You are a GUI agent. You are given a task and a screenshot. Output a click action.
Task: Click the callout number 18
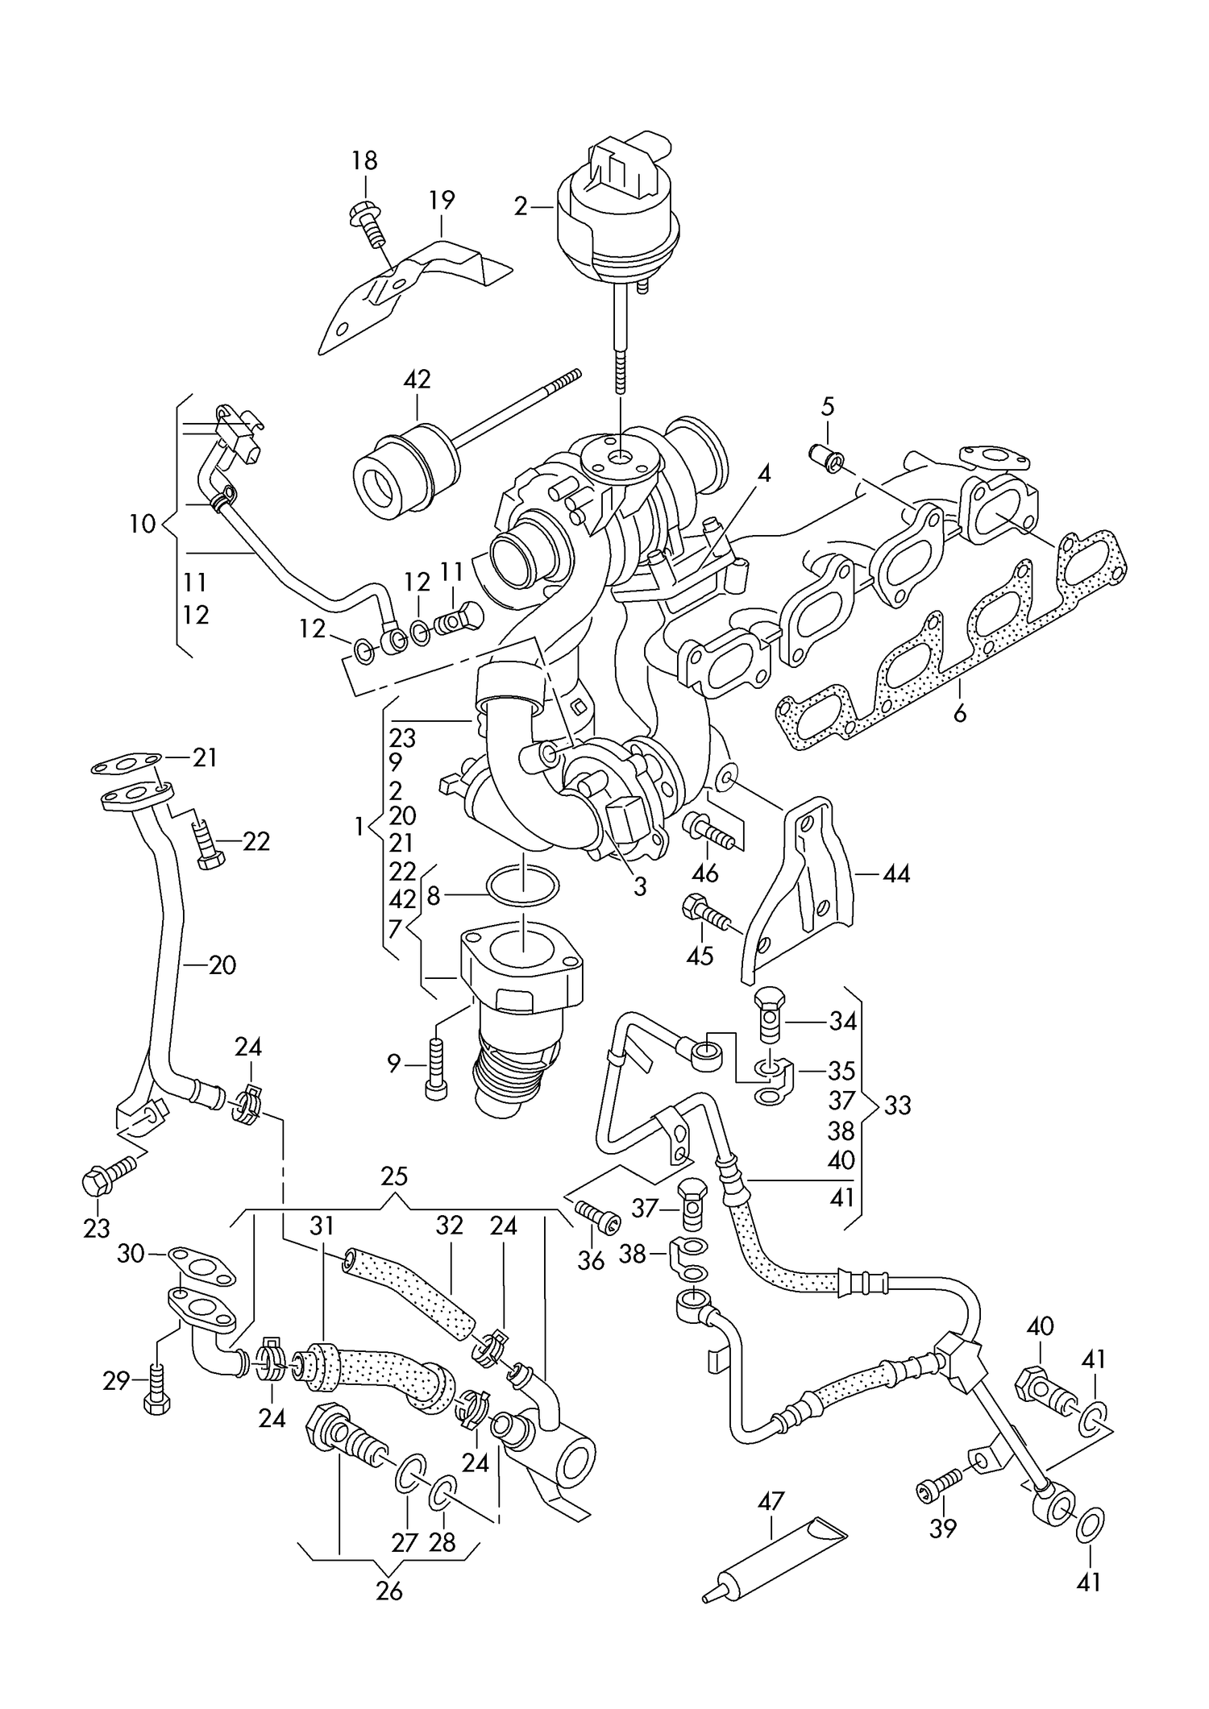tap(364, 160)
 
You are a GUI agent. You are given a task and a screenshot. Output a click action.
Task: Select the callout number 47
tap(771, 1501)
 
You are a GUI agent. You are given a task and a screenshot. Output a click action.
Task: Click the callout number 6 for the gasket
tap(959, 714)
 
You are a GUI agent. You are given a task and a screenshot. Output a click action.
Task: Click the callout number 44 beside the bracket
tap(896, 873)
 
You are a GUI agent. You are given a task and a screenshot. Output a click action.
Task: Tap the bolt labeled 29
tap(156, 1388)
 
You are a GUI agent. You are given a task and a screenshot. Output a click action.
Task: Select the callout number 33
tap(897, 1105)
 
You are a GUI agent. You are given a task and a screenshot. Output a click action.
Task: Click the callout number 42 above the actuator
tap(417, 380)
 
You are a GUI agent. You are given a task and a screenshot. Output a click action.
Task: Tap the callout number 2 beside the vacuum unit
tap(521, 207)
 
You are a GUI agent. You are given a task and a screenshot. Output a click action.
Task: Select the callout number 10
tap(142, 525)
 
